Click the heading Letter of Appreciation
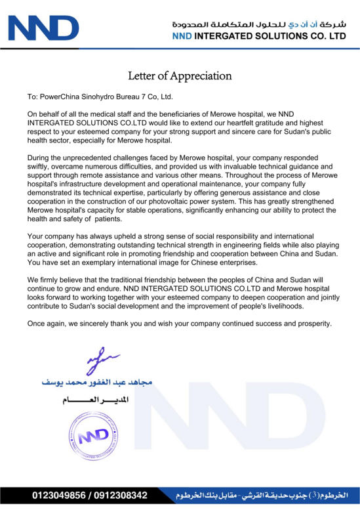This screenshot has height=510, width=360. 180,75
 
